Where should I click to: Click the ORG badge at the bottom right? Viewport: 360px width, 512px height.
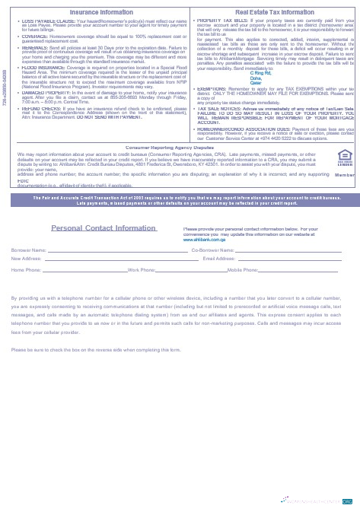point(347,501)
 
